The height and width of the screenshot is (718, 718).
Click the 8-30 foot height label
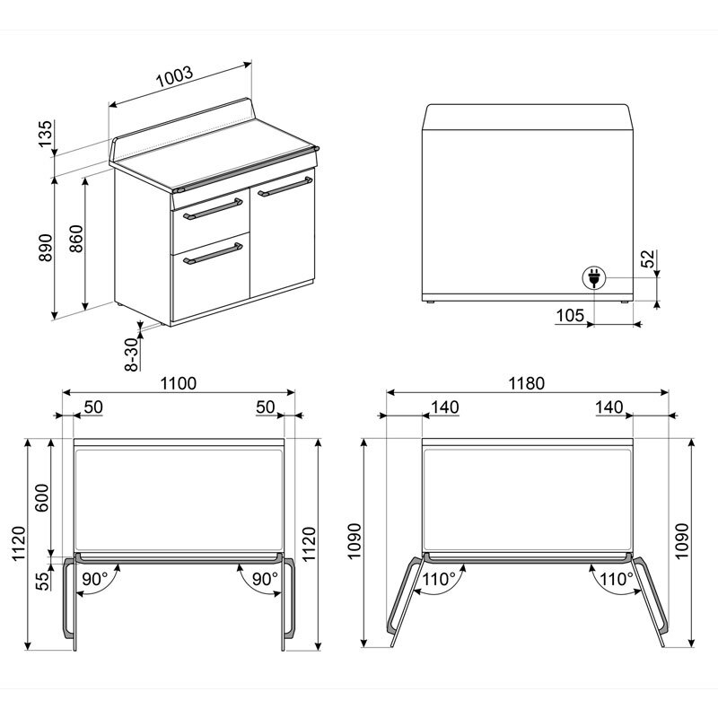[x=131, y=354]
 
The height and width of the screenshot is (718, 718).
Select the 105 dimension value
[x=570, y=314]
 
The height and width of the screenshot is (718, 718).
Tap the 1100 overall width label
[x=179, y=383]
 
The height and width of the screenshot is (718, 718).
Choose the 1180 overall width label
[x=527, y=383]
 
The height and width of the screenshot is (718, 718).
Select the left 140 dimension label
[x=443, y=407]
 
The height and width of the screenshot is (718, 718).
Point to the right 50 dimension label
[x=265, y=407]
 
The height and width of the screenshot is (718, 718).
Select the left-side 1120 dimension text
[x=19, y=544]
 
